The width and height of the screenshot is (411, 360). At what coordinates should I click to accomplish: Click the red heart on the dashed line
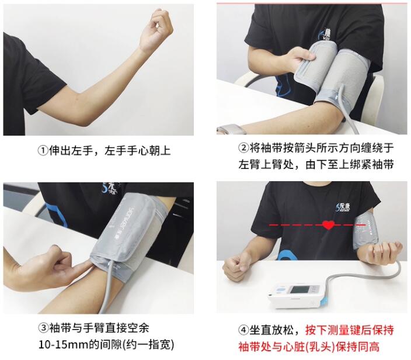pyautogui.click(x=329, y=225)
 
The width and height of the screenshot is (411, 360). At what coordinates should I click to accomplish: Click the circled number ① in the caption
pyautogui.click(x=43, y=151)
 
